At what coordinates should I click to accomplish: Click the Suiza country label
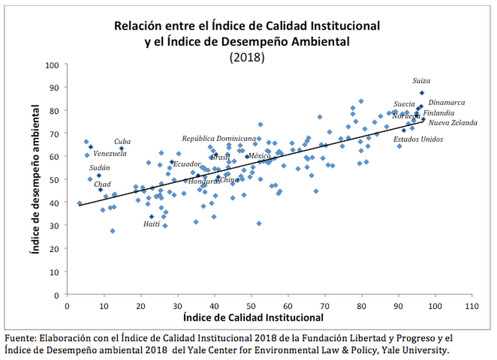[422, 81]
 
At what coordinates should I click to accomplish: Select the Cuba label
[122, 142]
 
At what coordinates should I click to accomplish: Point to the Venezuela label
[110, 153]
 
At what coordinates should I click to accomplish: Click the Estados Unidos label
[419, 139]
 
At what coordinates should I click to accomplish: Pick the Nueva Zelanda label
[454, 123]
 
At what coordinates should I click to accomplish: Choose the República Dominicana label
[219, 138]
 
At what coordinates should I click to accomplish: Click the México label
[259, 156]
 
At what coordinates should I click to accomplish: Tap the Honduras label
[204, 181]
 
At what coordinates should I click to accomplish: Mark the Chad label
[103, 184]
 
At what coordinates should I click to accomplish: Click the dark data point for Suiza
[421, 93]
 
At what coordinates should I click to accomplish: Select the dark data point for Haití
[152, 217]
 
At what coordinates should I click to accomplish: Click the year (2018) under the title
[247, 56]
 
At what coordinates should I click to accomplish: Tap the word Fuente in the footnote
[19, 338]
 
